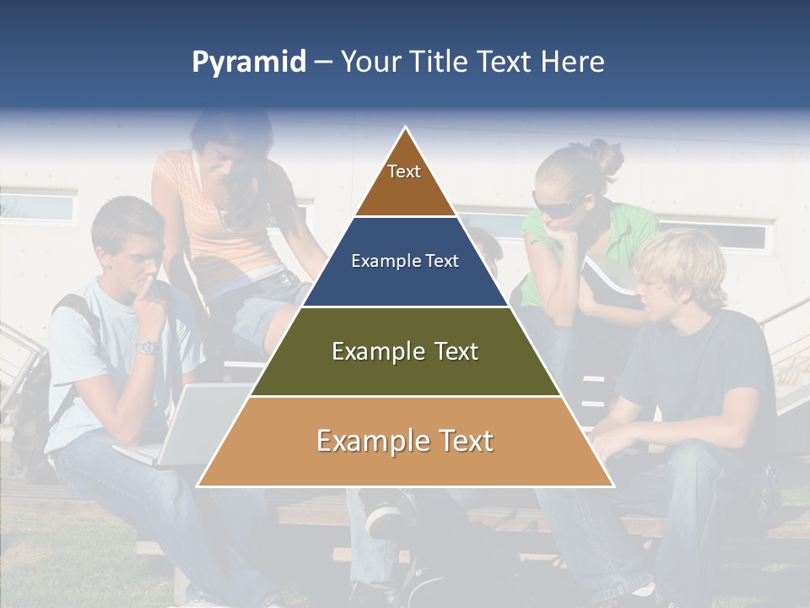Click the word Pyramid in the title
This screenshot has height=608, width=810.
(248, 62)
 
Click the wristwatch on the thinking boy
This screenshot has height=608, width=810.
(148, 347)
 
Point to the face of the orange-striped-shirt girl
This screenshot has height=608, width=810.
(221, 160)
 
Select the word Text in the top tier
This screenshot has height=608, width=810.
(404, 171)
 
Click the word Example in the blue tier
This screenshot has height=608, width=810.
(380, 261)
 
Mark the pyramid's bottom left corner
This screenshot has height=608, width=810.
(197, 486)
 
